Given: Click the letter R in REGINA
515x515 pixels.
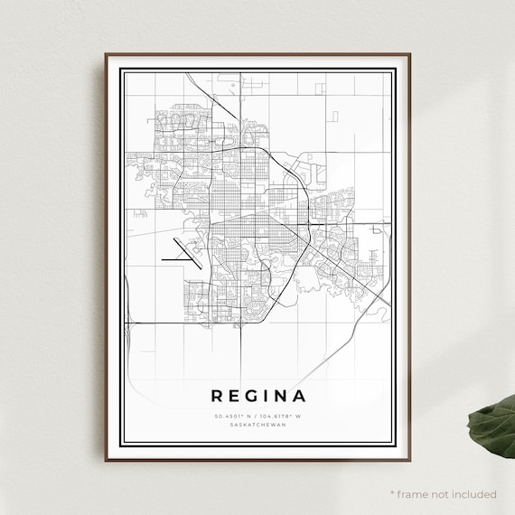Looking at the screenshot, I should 217,396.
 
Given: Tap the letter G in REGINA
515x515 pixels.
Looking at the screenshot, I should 252,396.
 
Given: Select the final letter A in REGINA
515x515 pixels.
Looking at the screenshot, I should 300,396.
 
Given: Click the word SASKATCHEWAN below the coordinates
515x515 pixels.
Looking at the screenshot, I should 258,424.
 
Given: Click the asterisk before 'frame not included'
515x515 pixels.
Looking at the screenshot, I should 392,493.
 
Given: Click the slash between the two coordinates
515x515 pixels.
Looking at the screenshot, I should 257,415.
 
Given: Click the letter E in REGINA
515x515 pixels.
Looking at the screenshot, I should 234,396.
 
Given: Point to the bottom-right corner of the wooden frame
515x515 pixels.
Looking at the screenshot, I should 412,461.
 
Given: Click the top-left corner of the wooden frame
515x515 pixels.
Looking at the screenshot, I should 105,53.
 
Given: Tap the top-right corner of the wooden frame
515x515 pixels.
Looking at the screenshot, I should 412,53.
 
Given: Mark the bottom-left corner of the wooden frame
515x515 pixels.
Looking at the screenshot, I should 105,461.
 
